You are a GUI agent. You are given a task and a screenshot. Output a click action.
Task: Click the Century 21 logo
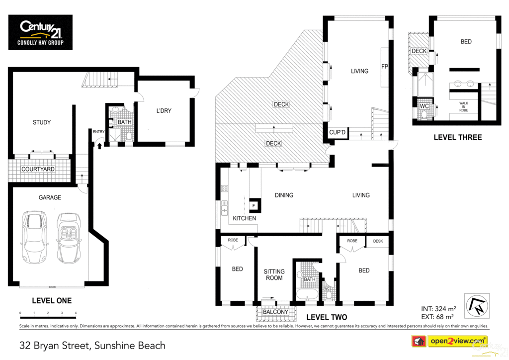pos(40,32)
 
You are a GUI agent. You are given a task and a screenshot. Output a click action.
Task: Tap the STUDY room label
pos(42,122)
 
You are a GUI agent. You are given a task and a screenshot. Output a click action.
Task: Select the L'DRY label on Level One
pos(164,111)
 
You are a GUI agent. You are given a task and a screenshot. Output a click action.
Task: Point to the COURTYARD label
pos(38,169)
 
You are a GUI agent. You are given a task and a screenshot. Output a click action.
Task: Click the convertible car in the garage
pos(69,238)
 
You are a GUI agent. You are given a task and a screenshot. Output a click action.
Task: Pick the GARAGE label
pos(50,197)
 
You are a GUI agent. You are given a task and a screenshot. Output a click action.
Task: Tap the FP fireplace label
pos(385,67)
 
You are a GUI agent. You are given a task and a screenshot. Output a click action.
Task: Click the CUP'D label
pos(338,132)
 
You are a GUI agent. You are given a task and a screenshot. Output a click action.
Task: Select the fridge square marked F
pos(254,205)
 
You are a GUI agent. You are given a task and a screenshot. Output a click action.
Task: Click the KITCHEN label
pos(245,218)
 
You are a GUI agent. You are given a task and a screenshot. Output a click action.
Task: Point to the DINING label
pos(284,195)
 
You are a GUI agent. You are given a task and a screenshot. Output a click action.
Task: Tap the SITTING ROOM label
pos(274,274)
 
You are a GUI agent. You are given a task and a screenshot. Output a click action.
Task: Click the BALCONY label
pos(275,312)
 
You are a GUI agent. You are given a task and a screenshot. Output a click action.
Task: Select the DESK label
pos(378,241)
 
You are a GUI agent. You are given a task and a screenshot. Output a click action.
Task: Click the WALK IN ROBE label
pos(464,107)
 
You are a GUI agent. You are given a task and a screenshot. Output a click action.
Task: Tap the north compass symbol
pos(477,306)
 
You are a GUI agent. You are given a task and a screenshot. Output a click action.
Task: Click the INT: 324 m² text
pos(438,309)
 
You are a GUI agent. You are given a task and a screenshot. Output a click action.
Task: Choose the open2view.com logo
pos(450,341)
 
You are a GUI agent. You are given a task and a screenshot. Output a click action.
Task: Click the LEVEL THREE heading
pos(458,137)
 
